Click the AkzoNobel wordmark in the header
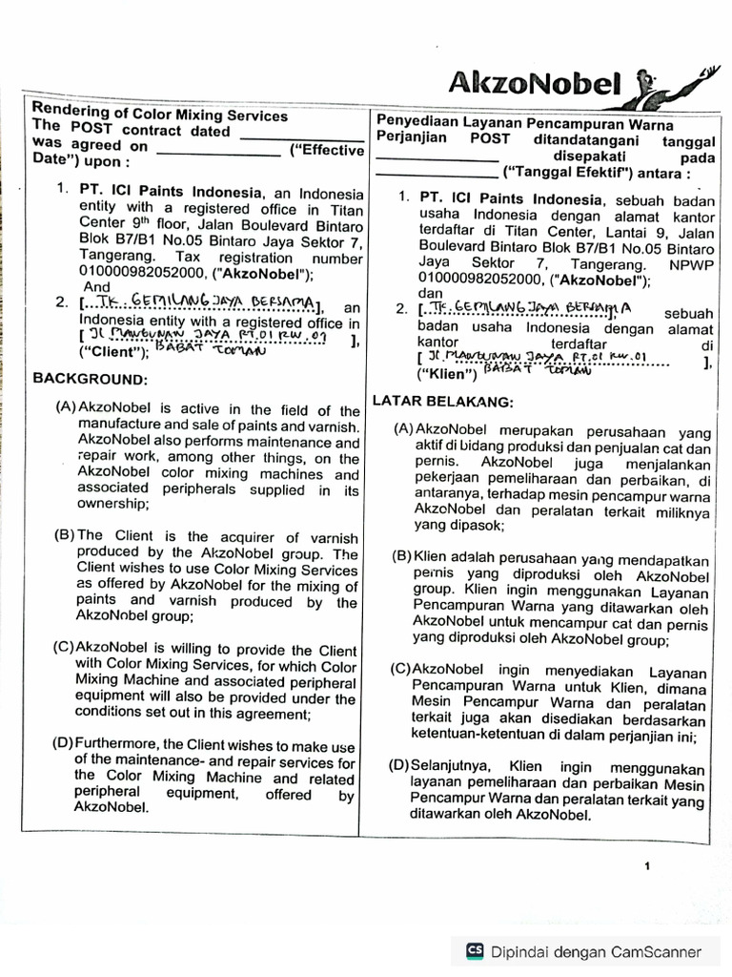(x=536, y=85)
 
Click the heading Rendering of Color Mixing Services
(x=160, y=114)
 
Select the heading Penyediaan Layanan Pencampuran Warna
(x=525, y=124)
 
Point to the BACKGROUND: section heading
(x=81, y=379)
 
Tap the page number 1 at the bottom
(x=646, y=866)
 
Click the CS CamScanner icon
(x=473, y=950)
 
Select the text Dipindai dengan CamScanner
(x=596, y=951)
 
